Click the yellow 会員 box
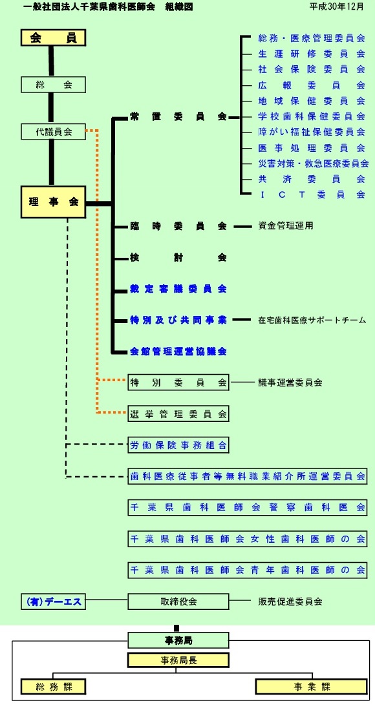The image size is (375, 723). [x=54, y=37]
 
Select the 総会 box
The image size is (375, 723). [x=54, y=85]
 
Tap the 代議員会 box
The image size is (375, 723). [x=54, y=132]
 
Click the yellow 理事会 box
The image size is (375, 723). [x=54, y=202]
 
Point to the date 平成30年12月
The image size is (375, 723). [x=336, y=6]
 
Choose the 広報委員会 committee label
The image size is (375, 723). [x=312, y=85]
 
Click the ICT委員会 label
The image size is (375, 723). [x=312, y=194]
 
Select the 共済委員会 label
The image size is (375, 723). [x=312, y=179]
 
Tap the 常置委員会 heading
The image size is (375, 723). [x=178, y=117]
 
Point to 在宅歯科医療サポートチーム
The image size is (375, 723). [x=312, y=320]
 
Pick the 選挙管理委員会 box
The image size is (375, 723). [x=178, y=414]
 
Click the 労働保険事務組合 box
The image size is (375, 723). [x=178, y=445]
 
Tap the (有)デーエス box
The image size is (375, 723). [x=54, y=602]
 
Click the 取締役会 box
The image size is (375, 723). [x=178, y=602]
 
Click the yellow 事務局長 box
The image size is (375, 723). [x=178, y=660]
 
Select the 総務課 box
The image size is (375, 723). [x=54, y=687]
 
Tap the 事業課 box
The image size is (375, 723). [x=312, y=687]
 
